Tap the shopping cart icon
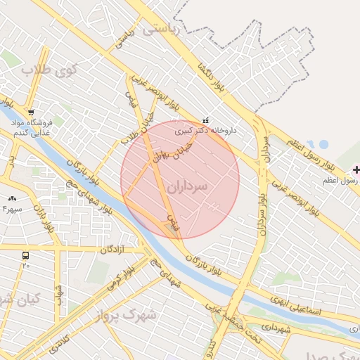click(31, 112)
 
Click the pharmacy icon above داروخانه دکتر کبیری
click(205, 120)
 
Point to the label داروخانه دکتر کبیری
click(205, 130)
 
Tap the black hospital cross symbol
click(356, 169)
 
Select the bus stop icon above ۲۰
click(26, 256)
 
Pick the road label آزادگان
click(112, 250)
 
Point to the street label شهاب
click(60, 299)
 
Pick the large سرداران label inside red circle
click(188, 186)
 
